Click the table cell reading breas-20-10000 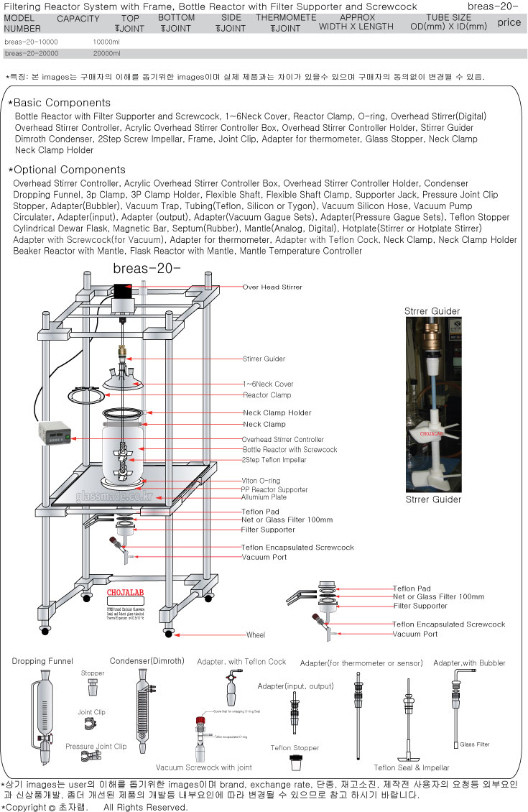coord(31,42)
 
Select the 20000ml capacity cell coord(106,53)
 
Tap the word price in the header coord(509,22)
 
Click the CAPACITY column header coord(78,19)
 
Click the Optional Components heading coord(69,170)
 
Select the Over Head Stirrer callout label coord(272,287)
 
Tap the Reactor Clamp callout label coord(267,395)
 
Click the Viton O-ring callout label coord(261,480)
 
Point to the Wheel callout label coord(256,635)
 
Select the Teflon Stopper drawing coord(295,762)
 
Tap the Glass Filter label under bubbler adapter coord(474,744)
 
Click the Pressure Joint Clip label coord(96,747)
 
